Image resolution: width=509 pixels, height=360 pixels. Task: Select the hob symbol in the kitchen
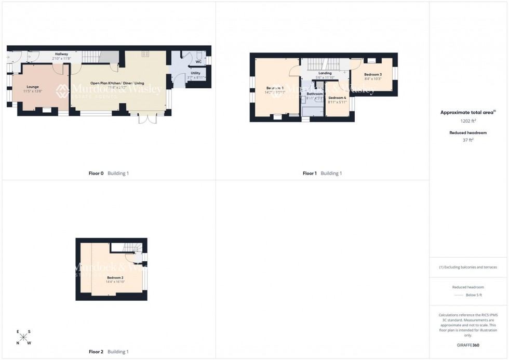tap(145, 54)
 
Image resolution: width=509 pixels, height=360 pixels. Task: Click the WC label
tap(198, 62)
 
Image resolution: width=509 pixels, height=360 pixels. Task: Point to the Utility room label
tap(195, 73)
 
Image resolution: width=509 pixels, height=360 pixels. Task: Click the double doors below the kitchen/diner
tap(148, 118)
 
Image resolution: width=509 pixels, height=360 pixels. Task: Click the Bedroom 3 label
tap(373, 75)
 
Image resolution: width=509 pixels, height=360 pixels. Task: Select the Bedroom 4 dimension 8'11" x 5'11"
tap(337, 102)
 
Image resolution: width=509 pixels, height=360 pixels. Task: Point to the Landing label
tap(325, 73)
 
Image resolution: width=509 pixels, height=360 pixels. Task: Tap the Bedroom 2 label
tap(115, 278)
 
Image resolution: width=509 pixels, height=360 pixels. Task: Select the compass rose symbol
tap(24, 337)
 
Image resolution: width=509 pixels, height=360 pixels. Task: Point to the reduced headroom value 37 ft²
tap(468, 140)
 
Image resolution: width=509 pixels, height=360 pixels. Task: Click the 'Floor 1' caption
tap(309, 173)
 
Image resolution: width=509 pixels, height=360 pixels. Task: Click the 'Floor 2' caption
tap(96, 352)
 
